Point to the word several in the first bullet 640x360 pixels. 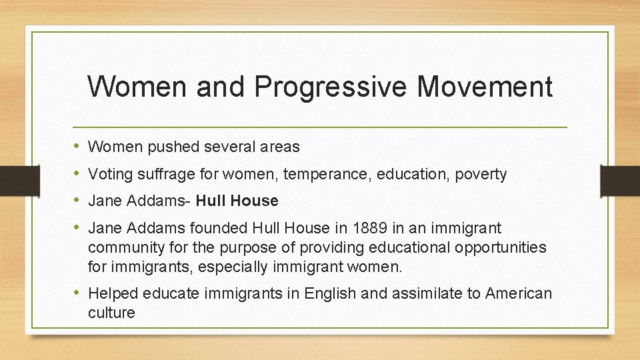click(x=226, y=146)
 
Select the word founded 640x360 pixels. click(x=221, y=228)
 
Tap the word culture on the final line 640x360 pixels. click(x=111, y=313)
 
